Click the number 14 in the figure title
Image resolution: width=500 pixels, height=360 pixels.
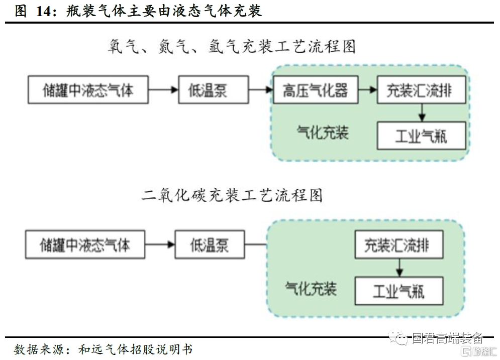(x=43, y=11)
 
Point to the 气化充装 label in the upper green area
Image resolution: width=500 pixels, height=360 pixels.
(x=323, y=132)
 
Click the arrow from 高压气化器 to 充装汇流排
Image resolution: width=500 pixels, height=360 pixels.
(x=367, y=90)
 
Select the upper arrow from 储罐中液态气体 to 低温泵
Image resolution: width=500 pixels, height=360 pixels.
(x=163, y=90)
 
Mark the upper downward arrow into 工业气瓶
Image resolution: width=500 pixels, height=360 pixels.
(x=422, y=112)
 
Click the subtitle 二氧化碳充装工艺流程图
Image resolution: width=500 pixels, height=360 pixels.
(x=232, y=195)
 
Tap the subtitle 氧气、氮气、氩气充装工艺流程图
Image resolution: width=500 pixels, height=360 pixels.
(x=232, y=47)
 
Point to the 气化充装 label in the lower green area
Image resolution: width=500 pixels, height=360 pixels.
(x=311, y=289)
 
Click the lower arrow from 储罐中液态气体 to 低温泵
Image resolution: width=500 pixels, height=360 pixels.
(x=160, y=245)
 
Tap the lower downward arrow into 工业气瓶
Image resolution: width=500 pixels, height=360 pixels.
(x=399, y=268)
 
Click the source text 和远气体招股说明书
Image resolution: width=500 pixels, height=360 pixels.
(x=136, y=349)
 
